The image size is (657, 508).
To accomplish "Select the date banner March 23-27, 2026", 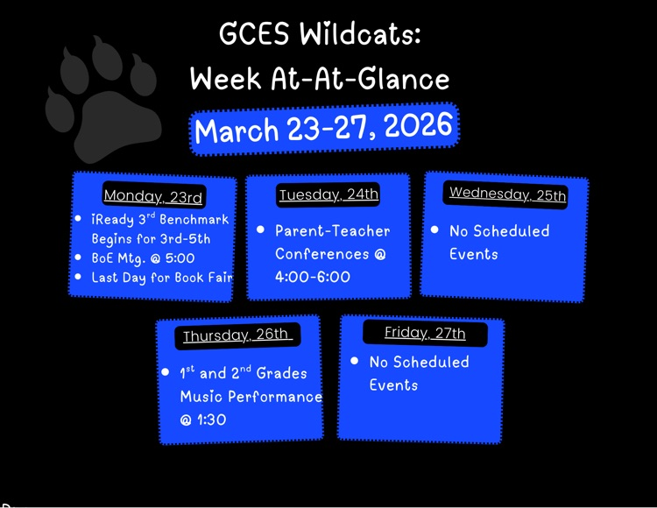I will [324, 130].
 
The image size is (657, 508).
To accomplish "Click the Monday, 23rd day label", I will [153, 196].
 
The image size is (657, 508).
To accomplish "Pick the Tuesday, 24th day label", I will [328, 194].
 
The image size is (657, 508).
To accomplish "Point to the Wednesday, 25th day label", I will [507, 194].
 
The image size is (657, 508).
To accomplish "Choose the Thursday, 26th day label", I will [236, 335].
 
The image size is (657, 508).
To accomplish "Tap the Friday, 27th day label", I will [425, 333].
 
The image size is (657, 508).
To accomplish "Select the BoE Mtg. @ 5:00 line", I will [143, 258].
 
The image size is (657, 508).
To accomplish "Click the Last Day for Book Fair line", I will [162, 278].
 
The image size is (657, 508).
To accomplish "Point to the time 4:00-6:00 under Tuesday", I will [313, 277].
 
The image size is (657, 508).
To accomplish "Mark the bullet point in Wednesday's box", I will [434, 230].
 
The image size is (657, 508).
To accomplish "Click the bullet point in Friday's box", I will [355, 361].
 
